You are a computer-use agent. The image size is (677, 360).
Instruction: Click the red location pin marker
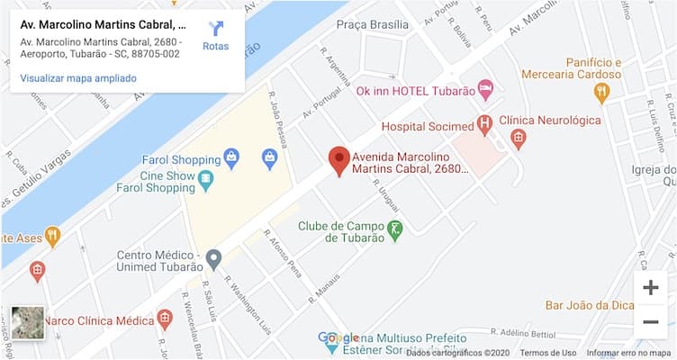338,160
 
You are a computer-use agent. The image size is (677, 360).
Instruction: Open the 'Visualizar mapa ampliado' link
78,78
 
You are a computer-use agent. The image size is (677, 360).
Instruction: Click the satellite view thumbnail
27,323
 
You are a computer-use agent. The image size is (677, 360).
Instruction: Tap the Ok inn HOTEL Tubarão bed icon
485,90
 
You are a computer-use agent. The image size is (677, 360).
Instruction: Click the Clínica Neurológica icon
518,139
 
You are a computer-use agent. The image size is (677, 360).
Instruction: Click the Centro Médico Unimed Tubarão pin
213,260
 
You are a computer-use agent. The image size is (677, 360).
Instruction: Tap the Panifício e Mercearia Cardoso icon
602,92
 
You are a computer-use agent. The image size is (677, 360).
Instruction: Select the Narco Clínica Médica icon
164,318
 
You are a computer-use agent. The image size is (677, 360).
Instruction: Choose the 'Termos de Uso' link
547,353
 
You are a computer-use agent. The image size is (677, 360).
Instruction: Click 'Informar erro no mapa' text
630,353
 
